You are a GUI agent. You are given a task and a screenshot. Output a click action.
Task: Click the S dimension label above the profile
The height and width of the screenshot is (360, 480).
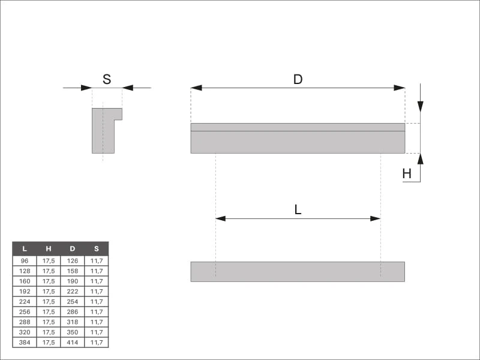(107, 79)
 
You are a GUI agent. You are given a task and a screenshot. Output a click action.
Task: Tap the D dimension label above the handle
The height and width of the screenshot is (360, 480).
(298, 79)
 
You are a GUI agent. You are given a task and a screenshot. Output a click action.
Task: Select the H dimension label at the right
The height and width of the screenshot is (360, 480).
(407, 174)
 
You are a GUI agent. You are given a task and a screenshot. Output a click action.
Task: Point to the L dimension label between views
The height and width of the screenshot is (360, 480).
(298, 210)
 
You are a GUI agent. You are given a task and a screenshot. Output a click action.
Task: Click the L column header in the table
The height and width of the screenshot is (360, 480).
(25, 249)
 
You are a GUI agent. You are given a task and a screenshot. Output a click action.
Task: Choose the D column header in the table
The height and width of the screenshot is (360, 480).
(73, 249)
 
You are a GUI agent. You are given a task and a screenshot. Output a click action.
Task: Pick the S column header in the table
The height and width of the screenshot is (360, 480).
(97, 249)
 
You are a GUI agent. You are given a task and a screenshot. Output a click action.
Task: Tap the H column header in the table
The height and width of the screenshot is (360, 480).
(49, 249)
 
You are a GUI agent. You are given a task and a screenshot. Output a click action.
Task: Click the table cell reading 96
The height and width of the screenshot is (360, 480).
(25, 261)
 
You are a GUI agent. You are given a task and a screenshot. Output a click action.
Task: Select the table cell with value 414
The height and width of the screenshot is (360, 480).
(73, 342)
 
